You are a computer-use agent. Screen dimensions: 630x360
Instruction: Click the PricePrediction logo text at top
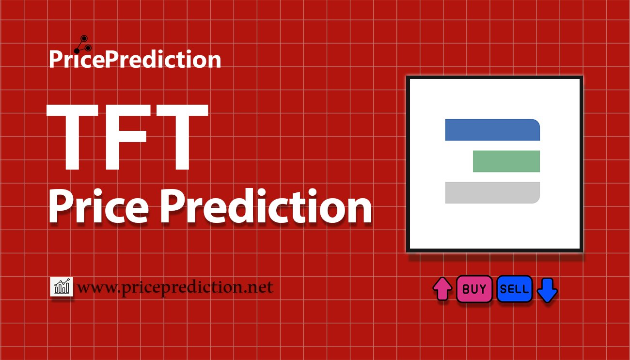135,59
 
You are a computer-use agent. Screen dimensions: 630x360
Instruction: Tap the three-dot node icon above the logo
83,45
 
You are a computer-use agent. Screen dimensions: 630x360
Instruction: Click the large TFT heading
127,137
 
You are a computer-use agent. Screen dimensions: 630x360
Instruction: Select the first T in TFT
72,137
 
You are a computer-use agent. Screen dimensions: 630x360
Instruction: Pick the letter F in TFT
127,137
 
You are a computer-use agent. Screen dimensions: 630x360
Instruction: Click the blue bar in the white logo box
492,130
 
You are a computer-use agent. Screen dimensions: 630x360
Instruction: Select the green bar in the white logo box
506,161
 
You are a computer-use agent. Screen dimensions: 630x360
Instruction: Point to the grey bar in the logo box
492,193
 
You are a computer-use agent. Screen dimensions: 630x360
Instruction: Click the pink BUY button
474,289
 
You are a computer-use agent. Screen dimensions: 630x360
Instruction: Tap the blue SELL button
514,289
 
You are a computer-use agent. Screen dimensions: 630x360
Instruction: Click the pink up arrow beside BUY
442,289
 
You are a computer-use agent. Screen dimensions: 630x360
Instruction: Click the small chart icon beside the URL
62,286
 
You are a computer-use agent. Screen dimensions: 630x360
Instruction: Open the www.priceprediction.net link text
175,287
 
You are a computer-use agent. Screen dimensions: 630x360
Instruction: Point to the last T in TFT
182,137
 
